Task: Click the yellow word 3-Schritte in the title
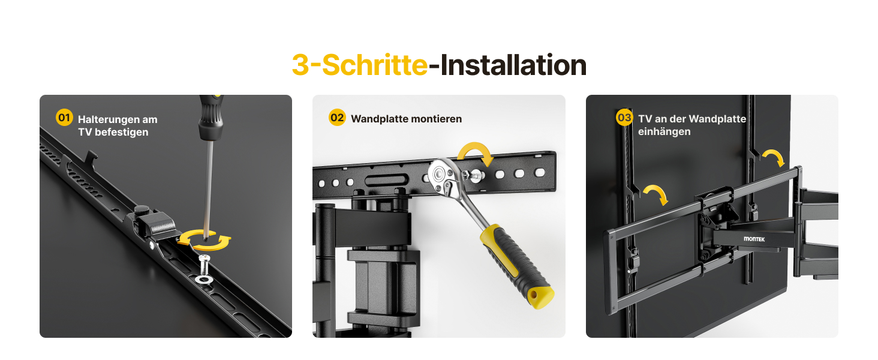(360, 65)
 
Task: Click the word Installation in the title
(513, 65)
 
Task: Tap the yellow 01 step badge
(64, 117)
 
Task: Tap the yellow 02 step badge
(336, 117)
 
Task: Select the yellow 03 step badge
(624, 117)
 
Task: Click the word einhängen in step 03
(664, 131)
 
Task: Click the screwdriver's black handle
(211, 118)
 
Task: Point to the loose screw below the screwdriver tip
(205, 265)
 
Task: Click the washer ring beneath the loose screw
(204, 279)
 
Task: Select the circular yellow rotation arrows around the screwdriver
(205, 239)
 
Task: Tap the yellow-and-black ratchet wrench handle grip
(516, 265)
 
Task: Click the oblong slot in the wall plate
(386, 181)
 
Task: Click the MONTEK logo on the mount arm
(754, 239)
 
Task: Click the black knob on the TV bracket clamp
(142, 210)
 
